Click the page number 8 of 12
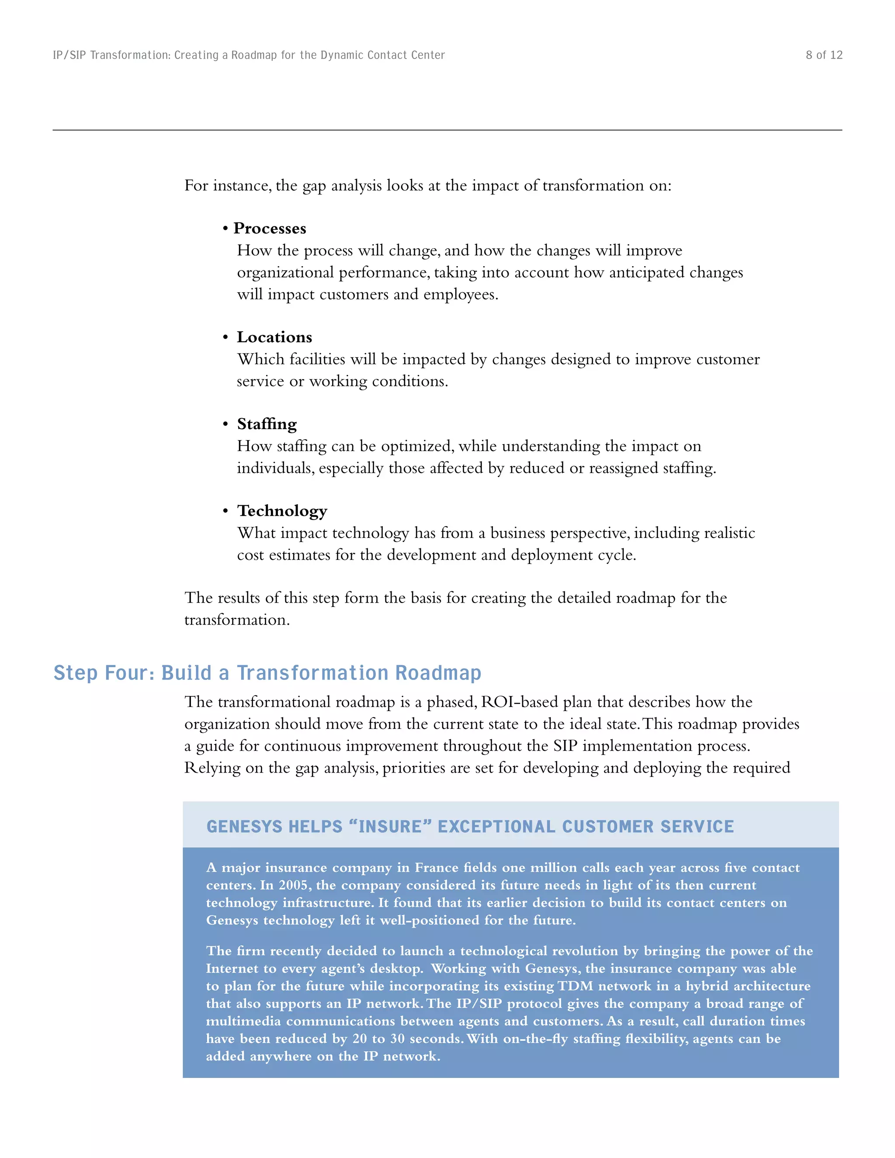823,55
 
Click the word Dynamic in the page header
340,55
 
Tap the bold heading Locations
274,337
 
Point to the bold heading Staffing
267,424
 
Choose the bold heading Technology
282,511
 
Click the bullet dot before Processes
225,229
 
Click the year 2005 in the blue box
294,885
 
